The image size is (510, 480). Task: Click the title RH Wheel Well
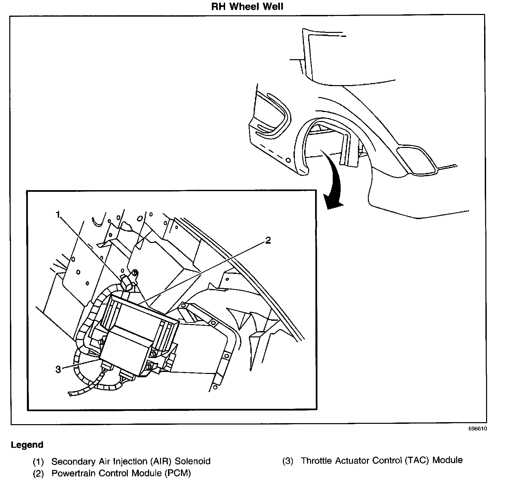(247, 7)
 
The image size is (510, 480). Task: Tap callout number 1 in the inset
(58, 215)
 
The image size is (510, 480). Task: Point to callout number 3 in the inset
(58, 369)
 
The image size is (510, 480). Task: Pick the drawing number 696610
(478, 429)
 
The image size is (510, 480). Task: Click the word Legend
(27, 445)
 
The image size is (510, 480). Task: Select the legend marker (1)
(38, 462)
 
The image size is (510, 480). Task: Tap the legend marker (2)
(38, 473)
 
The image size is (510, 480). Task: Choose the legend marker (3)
(288, 461)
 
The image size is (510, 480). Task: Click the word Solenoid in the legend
(193, 461)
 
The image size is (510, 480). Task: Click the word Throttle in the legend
(316, 461)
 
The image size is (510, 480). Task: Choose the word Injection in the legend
(130, 462)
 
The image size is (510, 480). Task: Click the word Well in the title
(273, 7)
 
